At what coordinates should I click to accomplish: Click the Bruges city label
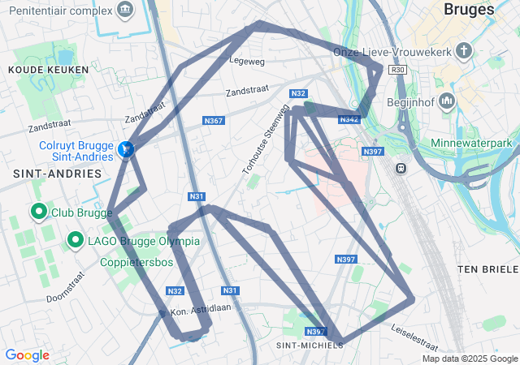coord(470,10)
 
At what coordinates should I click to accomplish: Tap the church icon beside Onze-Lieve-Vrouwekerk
coord(463,52)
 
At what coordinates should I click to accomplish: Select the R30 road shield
coord(397,71)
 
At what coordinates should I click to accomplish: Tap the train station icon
coord(401,168)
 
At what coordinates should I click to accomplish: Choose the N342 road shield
coord(349,119)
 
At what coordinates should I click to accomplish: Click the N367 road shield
coord(213,121)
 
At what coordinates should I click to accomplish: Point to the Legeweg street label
coord(247,60)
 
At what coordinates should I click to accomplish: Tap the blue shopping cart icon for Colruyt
coord(125,149)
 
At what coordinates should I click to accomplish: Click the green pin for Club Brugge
coord(37,213)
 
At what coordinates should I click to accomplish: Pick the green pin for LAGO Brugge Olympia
coord(75,240)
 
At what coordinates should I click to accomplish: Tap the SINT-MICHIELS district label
coord(310,346)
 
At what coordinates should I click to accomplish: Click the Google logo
coord(27,355)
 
